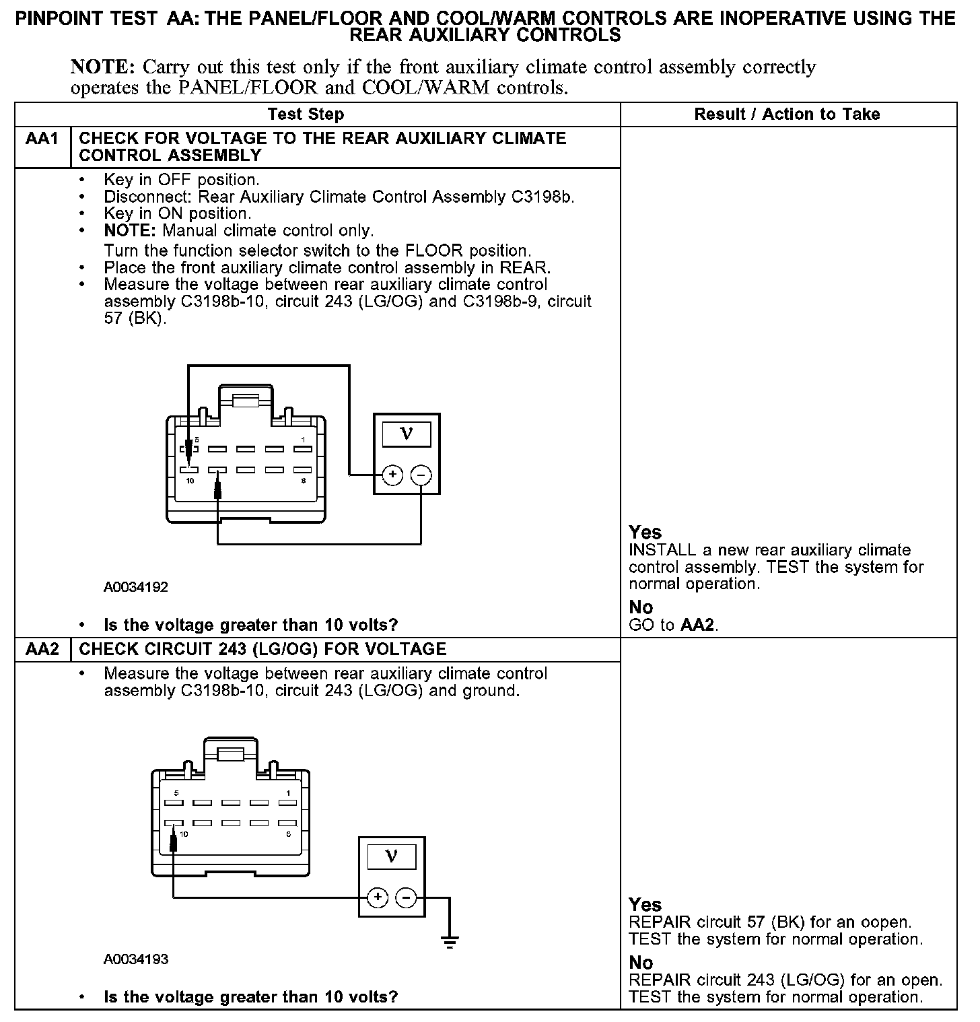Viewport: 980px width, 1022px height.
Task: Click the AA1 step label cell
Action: pyautogui.click(x=42, y=139)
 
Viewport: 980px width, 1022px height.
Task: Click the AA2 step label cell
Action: pyautogui.click(x=42, y=650)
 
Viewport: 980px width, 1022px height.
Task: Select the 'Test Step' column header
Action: pyautogui.click(x=306, y=114)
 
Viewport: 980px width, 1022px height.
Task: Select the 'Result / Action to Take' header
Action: pyautogui.click(x=787, y=114)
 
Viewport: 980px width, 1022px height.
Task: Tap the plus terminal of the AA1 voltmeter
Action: pyautogui.click(x=392, y=475)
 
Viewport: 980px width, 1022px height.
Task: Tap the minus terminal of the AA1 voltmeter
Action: pyautogui.click(x=421, y=475)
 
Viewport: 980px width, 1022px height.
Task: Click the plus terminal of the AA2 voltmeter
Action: pyautogui.click(x=378, y=897)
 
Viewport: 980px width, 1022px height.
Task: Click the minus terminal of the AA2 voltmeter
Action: pyautogui.click(x=406, y=897)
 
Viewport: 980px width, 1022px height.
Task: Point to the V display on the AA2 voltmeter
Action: pyautogui.click(x=391, y=856)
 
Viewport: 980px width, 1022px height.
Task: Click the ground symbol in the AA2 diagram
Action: pyautogui.click(x=450, y=941)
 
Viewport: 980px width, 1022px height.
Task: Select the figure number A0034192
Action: pyautogui.click(x=135, y=587)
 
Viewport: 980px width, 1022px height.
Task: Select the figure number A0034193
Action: pyautogui.click(x=135, y=959)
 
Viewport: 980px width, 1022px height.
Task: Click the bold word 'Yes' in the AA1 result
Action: pyautogui.click(x=645, y=533)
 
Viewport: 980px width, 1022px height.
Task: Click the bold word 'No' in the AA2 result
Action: pyautogui.click(x=641, y=963)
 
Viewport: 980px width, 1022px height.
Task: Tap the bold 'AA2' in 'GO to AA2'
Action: pyautogui.click(x=697, y=625)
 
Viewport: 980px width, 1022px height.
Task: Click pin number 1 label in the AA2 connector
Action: pyautogui.click(x=288, y=793)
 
